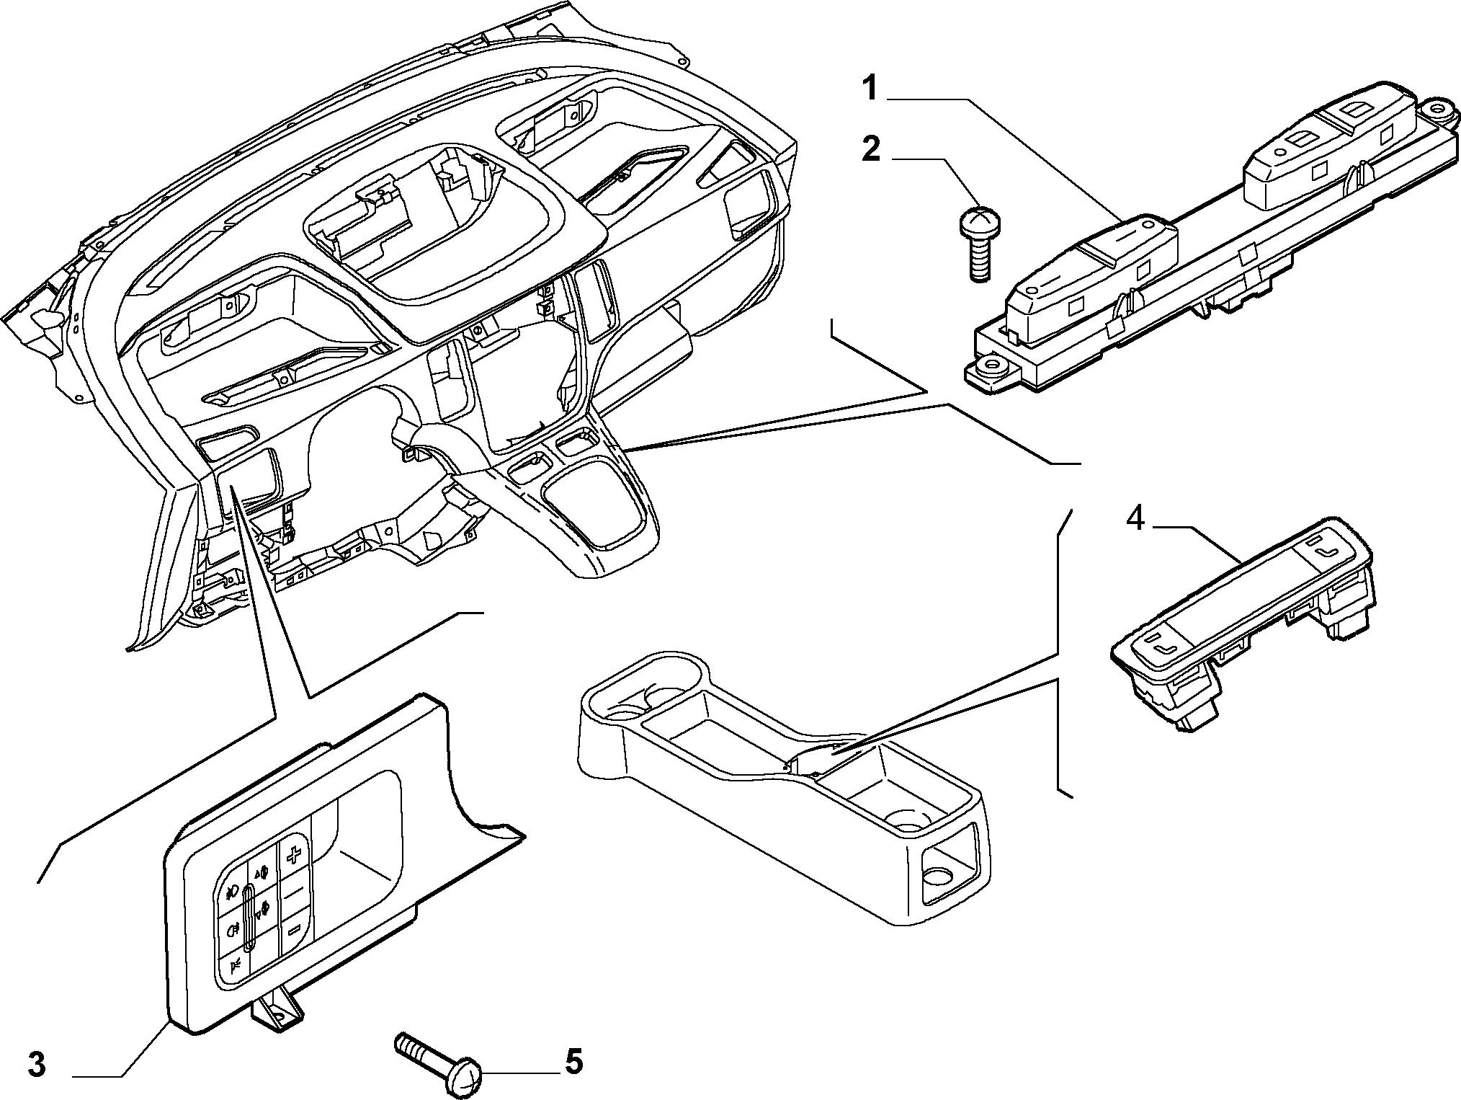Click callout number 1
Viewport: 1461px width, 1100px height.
click(x=871, y=90)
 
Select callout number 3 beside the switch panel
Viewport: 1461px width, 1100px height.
click(x=37, y=1064)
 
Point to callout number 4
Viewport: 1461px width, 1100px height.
click(x=1135, y=518)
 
